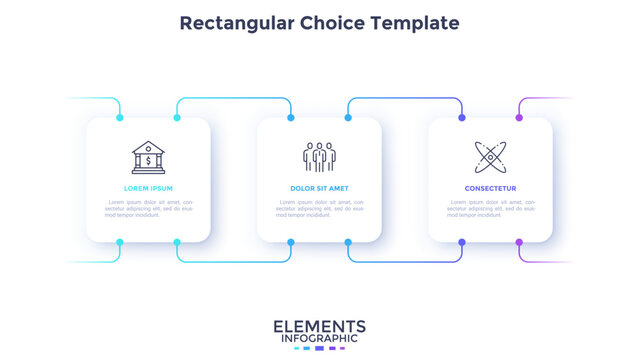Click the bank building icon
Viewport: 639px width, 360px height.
pyautogui.click(x=148, y=156)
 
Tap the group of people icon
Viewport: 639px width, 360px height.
pyautogui.click(x=319, y=156)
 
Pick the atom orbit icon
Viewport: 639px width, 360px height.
pyautogui.click(x=490, y=156)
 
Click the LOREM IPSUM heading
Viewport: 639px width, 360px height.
pyautogui.click(x=148, y=188)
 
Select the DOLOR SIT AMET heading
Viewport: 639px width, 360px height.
pyautogui.click(x=319, y=188)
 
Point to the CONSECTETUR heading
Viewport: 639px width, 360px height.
pyautogui.click(x=490, y=188)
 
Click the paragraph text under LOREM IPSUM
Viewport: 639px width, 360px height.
pyautogui.click(x=148, y=208)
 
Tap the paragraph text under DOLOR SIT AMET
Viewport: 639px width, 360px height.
pyautogui.click(x=319, y=208)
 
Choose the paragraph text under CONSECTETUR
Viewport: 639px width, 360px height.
pyautogui.click(x=490, y=208)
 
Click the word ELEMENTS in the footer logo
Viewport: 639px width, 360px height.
pyautogui.click(x=319, y=326)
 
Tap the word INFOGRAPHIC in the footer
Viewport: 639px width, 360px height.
pyautogui.click(x=319, y=340)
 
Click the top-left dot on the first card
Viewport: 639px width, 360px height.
pyautogui.click(x=120, y=118)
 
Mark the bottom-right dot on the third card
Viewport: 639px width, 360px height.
pyautogui.click(x=519, y=242)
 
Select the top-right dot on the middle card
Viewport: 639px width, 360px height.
pyautogui.click(x=348, y=118)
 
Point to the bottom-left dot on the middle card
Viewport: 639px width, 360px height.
pyautogui.click(x=291, y=242)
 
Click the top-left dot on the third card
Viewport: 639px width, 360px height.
pyautogui.click(x=462, y=118)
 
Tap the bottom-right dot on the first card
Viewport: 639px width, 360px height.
pyautogui.click(x=177, y=242)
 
